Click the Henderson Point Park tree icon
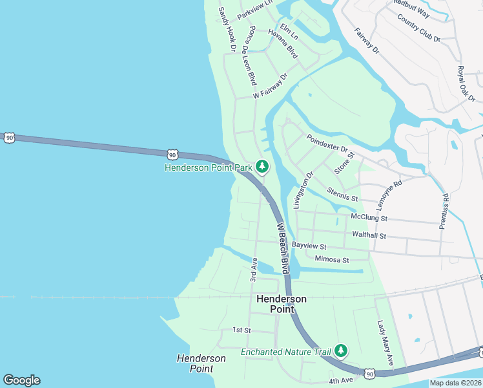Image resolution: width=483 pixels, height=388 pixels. point(262,167)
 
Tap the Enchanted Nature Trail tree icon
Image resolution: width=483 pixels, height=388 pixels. point(340,352)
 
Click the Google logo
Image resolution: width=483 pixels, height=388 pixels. point(21,380)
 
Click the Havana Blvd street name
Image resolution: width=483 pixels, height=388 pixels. point(283,44)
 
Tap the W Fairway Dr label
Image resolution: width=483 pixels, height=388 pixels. point(270,85)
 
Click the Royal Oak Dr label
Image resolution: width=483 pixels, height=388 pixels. point(466,83)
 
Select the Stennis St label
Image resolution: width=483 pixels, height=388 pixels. point(342,192)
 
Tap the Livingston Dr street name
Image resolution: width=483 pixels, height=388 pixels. point(303,189)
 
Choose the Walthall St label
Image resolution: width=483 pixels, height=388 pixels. point(369,235)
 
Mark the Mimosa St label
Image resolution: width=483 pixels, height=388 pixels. point(332,259)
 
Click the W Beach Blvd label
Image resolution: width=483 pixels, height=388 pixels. point(283,248)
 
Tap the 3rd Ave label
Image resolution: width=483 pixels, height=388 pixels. point(254,270)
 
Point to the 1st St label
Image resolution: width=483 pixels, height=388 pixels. point(241,330)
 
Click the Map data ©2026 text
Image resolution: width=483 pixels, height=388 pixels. point(455,383)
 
